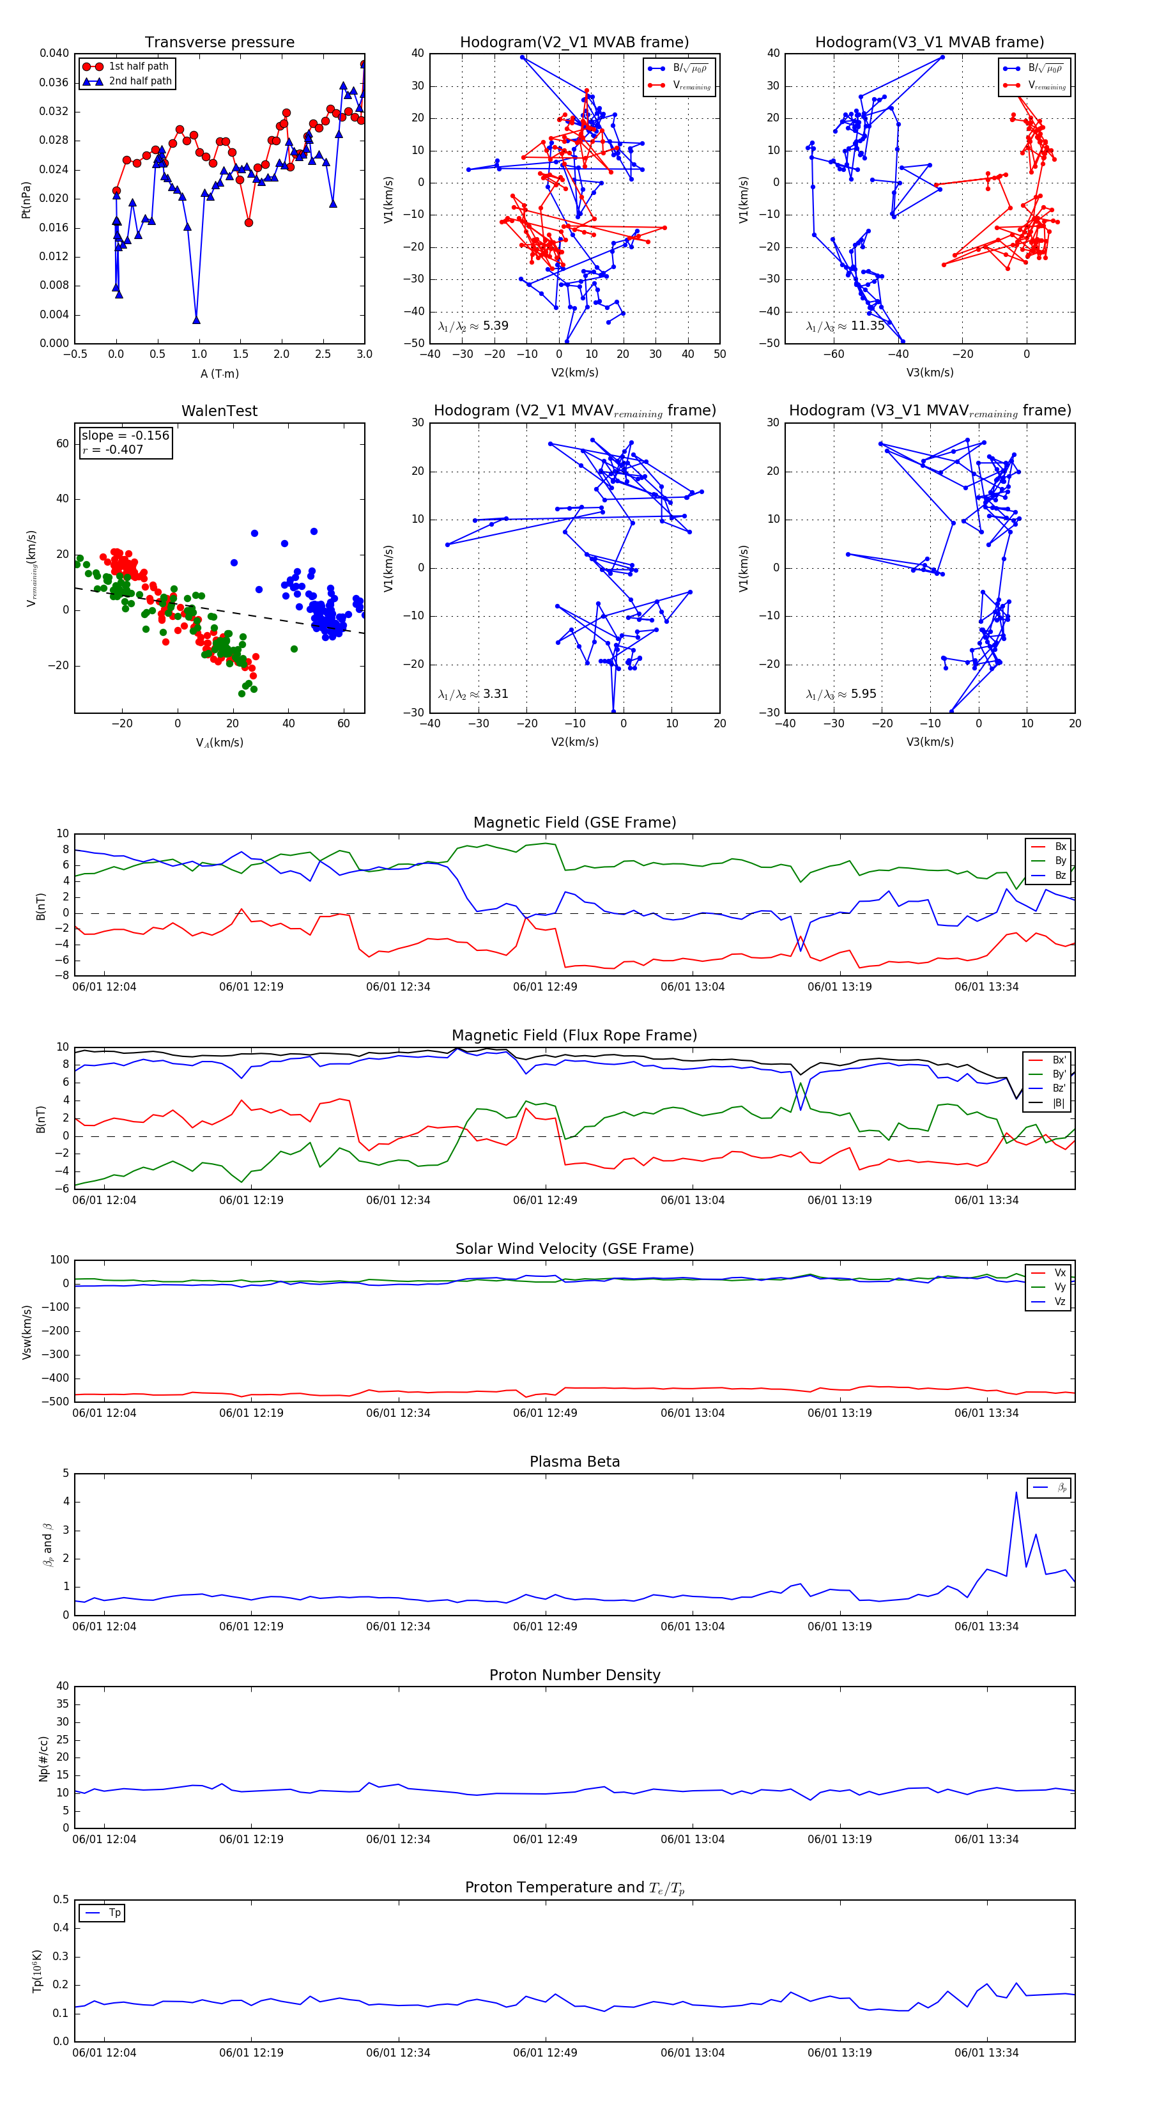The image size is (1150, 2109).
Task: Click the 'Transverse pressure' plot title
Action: click(219, 43)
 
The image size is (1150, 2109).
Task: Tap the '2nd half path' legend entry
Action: click(140, 81)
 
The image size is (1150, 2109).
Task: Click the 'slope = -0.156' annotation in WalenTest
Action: click(125, 436)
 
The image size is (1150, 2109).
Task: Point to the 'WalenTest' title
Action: click(219, 411)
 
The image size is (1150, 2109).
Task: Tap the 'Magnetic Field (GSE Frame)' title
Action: click(574, 823)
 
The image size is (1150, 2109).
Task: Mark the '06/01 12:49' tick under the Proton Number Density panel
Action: click(545, 1840)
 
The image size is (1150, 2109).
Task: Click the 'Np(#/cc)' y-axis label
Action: click(43, 1759)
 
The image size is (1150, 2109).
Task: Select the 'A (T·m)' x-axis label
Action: click(219, 374)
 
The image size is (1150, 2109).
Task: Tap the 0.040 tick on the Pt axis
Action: click(54, 53)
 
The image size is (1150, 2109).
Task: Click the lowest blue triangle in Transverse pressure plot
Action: click(196, 320)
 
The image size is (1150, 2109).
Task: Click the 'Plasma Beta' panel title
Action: click(574, 1462)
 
